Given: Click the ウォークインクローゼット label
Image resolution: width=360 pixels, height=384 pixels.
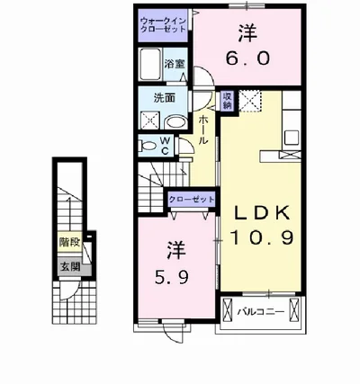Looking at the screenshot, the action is tap(164, 25).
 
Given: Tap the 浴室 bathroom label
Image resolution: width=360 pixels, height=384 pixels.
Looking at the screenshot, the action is tap(174, 64).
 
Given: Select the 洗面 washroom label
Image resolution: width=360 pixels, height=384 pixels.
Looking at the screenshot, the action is tap(165, 98).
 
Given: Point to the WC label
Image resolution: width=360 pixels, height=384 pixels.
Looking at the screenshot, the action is tap(165, 146).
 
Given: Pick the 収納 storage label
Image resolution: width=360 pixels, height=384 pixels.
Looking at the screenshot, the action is tap(227, 101).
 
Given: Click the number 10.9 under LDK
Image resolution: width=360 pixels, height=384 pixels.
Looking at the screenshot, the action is tap(261, 238).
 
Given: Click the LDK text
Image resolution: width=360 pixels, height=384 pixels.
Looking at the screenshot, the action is tap(262, 213).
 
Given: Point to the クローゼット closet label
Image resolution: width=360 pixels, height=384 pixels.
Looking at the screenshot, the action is tap(192, 200).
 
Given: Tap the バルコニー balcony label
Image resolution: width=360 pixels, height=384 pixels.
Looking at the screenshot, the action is tap(261, 312).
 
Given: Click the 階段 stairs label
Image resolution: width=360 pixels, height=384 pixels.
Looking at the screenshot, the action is tap(69, 242).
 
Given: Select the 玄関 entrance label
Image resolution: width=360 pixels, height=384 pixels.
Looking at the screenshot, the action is tap(70, 266).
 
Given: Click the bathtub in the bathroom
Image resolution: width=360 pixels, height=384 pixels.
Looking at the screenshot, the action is tap(150, 64).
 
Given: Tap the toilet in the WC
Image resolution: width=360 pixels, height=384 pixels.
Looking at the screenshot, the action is tap(147, 147).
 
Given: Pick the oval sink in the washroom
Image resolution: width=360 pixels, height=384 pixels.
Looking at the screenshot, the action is tap(176, 122).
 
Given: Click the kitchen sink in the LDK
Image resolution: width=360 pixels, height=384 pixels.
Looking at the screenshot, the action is tap(292, 138).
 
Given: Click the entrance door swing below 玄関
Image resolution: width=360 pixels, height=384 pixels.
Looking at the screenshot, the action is tap(69, 290).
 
